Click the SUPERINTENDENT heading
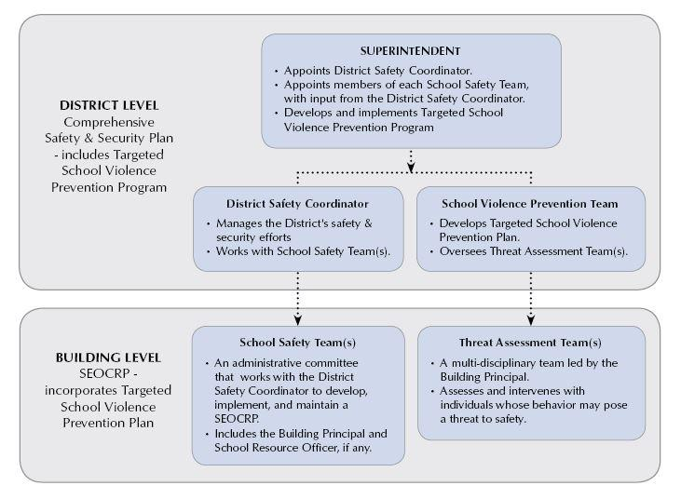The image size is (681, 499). pyautogui.click(x=410, y=51)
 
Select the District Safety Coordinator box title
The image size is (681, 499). pyautogui.click(x=297, y=204)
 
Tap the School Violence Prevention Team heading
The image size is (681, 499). pyautogui.click(x=530, y=204)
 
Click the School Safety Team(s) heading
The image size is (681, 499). pyautogui.click(x=297, y=343)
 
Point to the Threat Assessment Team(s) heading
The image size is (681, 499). pyautogui.click(x=530, y=343)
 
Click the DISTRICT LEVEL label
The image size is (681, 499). pyautogui.click(x=109, y=105)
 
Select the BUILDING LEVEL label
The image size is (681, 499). pyautogui.click(x=108, y=357)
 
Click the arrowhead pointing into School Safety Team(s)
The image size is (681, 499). pyautogui.click(x=297, y=320)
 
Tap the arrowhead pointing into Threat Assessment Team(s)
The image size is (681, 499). pyautogui.click(x=531, y=320)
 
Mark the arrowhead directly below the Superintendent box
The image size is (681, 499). pyautogui.click(x=411, y=167)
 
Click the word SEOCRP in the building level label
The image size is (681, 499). pyautogui.click(x=104, y=373)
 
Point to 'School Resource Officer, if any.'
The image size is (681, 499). pyautogui.click(x=293, y=448)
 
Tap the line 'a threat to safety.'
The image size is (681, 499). pyautogui.click(x=483, y=419)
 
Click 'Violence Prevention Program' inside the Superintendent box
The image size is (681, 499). pyautogui.click(x=359, y=128)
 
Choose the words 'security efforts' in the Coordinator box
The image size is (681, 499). pyautogui.click(x=253, y=237)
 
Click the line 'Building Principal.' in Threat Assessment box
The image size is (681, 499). pyautogui.click(x=484, y=377)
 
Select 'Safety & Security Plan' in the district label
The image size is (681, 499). pyautogui.click(x=109, y=138)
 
